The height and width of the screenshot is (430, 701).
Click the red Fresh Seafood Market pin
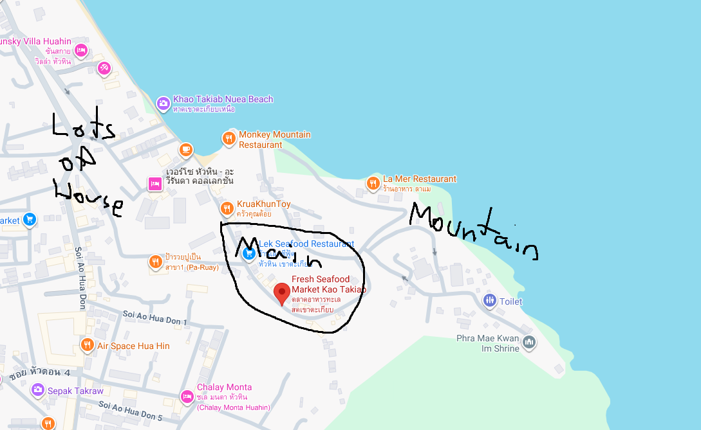tap(281, 293)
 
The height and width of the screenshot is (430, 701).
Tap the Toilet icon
tap(490, 300)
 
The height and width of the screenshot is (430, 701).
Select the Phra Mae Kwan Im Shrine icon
tap(529, 342)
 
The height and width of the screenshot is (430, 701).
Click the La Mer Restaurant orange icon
tap(373, 183)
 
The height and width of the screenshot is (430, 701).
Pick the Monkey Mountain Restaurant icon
tap(229, 138)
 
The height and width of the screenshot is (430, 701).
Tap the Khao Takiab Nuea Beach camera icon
tap(164, 102)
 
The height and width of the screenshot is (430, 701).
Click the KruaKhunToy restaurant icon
tap(227, 208)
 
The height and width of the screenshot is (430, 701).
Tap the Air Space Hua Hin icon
tap(87, 346)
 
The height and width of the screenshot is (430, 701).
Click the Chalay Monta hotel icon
tap(187, 397)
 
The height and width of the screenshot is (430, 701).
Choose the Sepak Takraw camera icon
tap(37, 390)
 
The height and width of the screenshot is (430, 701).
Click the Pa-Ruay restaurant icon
tap(155, 262)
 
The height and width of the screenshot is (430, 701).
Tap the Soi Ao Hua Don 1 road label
tap(154, 318)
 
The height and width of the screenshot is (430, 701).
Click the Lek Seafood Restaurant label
tap(306, 244)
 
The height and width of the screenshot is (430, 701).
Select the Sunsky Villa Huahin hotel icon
tap(80, 50)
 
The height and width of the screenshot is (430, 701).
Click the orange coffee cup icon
tap(185, 150)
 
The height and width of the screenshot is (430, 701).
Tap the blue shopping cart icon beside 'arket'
tap(29, 220)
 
